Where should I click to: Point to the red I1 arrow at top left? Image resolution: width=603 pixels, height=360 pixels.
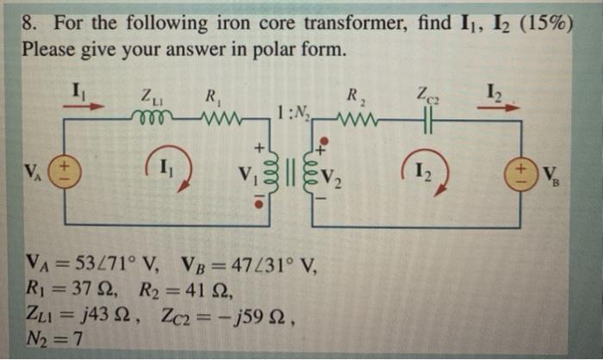tap(84, 106)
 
